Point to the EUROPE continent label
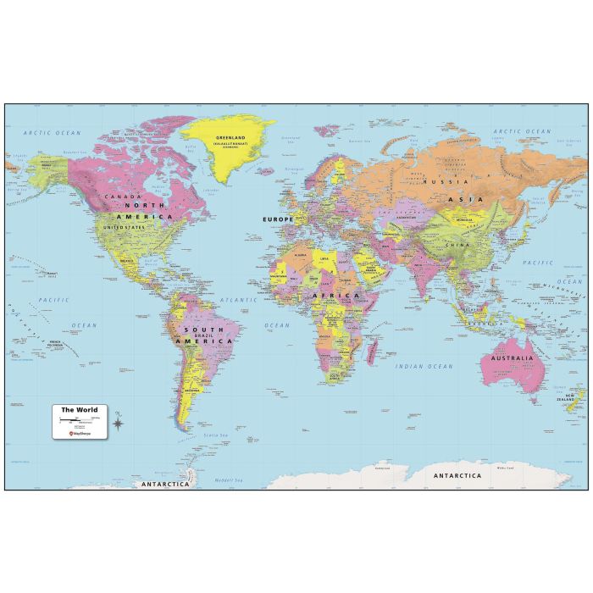point(278,219)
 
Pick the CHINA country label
point(457,244)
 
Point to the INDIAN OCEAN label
point(424,366)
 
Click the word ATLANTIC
point(239,300)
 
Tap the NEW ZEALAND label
point(576,396)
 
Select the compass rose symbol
point(117,418)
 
